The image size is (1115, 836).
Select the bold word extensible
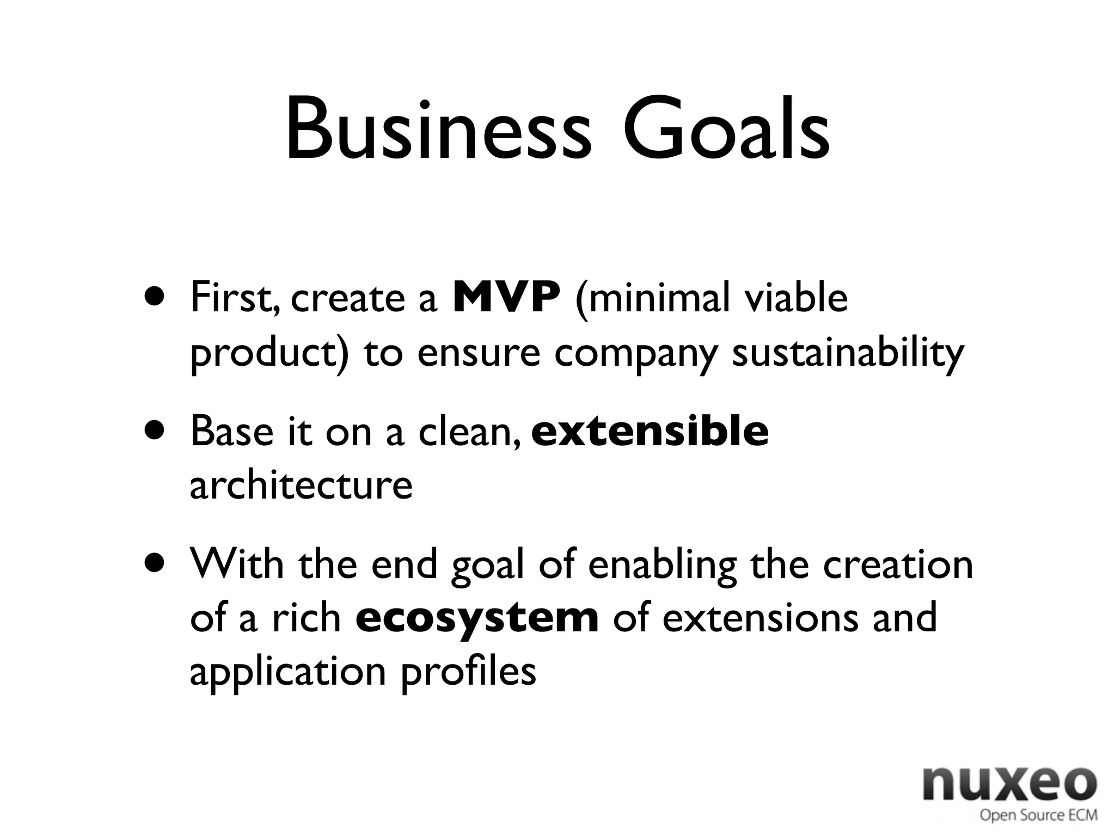[x=650, y=431]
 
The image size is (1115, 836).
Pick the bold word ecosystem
[x=477, y=618]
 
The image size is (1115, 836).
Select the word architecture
[x=301, y=485]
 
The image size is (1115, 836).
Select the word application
[x=288, y=673]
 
